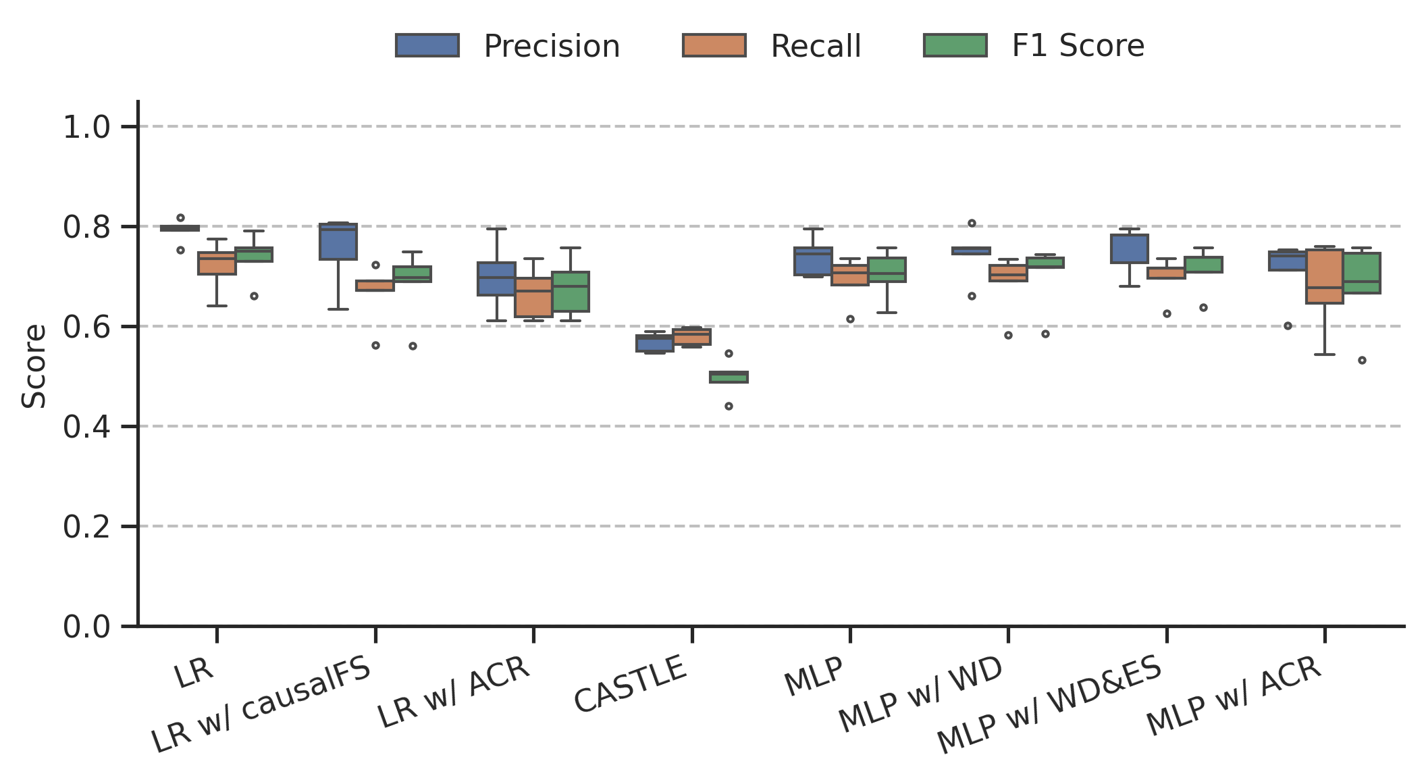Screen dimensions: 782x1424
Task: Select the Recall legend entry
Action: (772, 46)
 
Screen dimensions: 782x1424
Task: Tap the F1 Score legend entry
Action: (1034, 46)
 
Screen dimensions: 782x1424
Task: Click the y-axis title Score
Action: (34, 367)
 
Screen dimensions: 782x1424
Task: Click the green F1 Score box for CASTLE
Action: (729, 377)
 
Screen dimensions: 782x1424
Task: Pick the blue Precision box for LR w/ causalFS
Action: (338, 242)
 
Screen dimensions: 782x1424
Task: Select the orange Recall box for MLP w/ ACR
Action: (1325, 277)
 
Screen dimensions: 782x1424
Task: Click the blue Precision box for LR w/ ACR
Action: (496, 279)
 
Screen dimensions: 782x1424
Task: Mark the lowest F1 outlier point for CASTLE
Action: (729, 407)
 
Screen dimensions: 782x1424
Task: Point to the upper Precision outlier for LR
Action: (180, 218)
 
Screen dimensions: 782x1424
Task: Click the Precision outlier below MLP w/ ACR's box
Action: (1288, 325)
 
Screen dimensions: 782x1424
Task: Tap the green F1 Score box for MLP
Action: (887, 269)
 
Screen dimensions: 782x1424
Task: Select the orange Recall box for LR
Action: (217, 263)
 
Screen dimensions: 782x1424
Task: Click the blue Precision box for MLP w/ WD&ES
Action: (1130, 249)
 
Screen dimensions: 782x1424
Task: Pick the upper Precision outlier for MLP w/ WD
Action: (972, 224)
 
